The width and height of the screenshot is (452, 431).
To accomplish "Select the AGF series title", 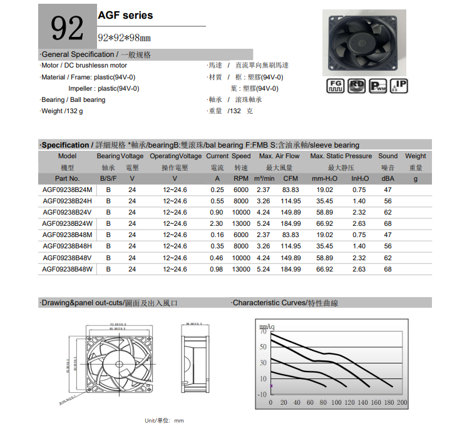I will click(125, 15).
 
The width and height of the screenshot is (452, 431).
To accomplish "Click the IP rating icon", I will click(399, 87).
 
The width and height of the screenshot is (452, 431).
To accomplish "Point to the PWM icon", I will click(378, 87).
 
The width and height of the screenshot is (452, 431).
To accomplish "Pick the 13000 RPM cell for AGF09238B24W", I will click(241, 223).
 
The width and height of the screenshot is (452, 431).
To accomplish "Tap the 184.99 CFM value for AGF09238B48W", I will click(290, 269).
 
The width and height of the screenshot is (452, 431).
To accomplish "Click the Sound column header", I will click(388, 156).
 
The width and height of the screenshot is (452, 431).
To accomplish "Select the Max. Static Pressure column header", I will click(341, 156).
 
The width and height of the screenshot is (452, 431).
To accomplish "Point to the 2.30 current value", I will click(217, 223).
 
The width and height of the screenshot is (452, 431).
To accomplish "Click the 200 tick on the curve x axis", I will click(402, 402).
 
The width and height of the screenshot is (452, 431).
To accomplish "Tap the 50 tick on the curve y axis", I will click(262, 347).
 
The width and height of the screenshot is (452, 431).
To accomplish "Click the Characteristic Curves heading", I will click(285, 303).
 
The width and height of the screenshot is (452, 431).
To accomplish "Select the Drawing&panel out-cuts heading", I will click(109, 303).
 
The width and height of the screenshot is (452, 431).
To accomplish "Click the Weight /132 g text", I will click(61, 111).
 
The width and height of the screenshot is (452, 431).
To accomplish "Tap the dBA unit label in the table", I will click(388, 178).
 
